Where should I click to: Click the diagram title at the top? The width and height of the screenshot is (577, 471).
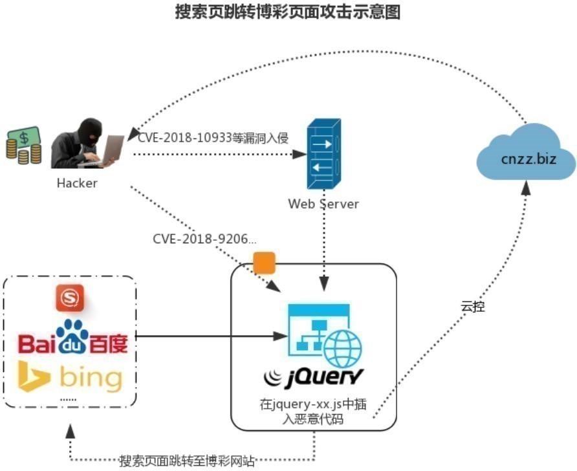(288, 12)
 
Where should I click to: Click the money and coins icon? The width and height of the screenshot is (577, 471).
(23, 145)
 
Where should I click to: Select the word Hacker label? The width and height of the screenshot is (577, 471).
(77, 183)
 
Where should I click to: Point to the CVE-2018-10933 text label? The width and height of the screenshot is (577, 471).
(212, 137)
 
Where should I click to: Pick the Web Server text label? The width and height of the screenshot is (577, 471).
(323, 204)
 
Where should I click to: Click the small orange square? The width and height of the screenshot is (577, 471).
(264, 263)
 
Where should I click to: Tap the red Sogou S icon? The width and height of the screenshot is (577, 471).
(69, 298)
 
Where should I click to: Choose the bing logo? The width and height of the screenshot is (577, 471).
(71, 377)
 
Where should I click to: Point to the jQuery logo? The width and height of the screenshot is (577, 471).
(314, 377)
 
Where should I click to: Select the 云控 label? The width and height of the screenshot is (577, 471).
(472, 307)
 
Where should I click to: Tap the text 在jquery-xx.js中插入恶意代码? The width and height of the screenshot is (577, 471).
(314, 412)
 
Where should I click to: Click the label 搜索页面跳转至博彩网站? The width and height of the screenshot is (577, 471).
(187, 461)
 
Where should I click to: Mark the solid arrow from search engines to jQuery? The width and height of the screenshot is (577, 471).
(207, 336)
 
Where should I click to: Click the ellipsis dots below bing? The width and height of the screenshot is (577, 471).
(68, 400)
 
